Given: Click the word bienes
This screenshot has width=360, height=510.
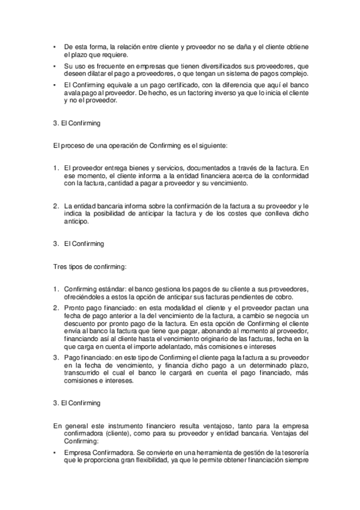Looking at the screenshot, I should [139, 167].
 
